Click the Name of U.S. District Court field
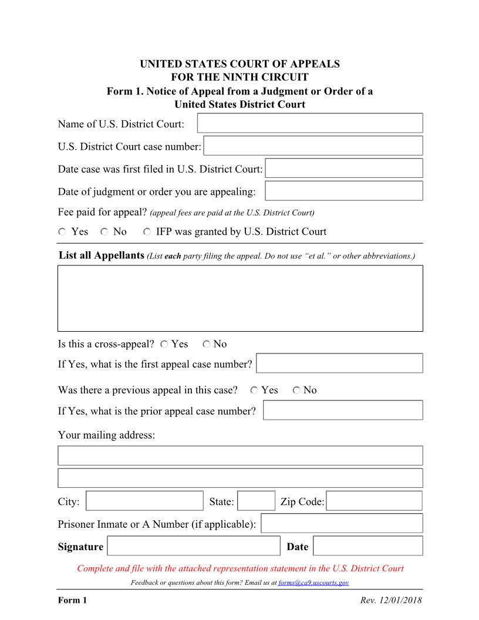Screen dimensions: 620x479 coord(310,123)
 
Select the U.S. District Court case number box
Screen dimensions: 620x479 coord(313,146)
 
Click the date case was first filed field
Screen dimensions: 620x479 coord(344,168)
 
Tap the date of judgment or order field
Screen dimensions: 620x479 coord(344,191)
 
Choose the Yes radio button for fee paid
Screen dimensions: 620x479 coord(62,232)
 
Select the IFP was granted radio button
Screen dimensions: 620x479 coord(147,232)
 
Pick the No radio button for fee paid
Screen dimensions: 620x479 coord(104,232)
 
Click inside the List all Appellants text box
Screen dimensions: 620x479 coord(240,298)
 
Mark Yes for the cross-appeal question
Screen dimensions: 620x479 coord(164,345)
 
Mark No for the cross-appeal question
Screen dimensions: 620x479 coord(206,345)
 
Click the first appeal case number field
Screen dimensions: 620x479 coord(339,363)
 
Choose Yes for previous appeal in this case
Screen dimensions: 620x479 coord(254,390)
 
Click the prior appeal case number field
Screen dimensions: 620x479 coord(343,410)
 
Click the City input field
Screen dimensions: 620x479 coord(144,501)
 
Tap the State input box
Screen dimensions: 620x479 coord(256,501)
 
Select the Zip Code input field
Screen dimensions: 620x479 coord(374,501)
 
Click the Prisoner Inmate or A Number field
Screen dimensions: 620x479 coord(342,523)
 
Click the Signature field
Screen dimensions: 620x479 coord(194,546)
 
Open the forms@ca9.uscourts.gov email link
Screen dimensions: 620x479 coord(313,582)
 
